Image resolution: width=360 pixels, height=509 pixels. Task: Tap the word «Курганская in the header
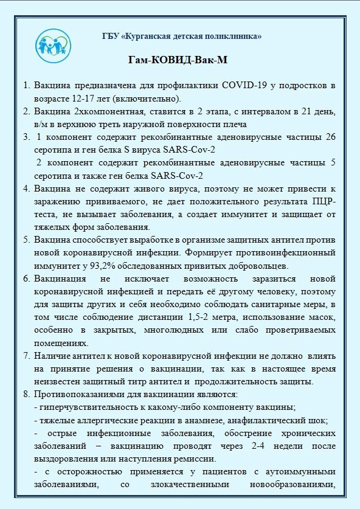tap(150, 36)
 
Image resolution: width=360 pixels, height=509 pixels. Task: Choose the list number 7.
tap(26, 356)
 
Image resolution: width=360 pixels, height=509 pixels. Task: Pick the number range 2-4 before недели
tap(247, 446)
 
